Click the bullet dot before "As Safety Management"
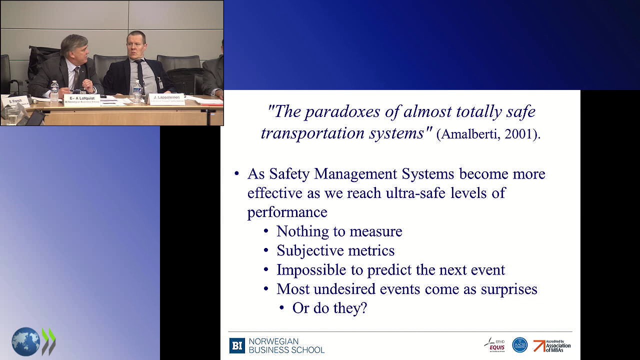pos(237,174)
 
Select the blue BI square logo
pos(237,345)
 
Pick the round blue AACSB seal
pos(520,345)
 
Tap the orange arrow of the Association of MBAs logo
pos(539,345)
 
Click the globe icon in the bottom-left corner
pos(25,342)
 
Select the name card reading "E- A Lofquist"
pos(82,99)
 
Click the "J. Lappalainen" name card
pos(166,98)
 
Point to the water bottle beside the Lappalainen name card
pos(137,91)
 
